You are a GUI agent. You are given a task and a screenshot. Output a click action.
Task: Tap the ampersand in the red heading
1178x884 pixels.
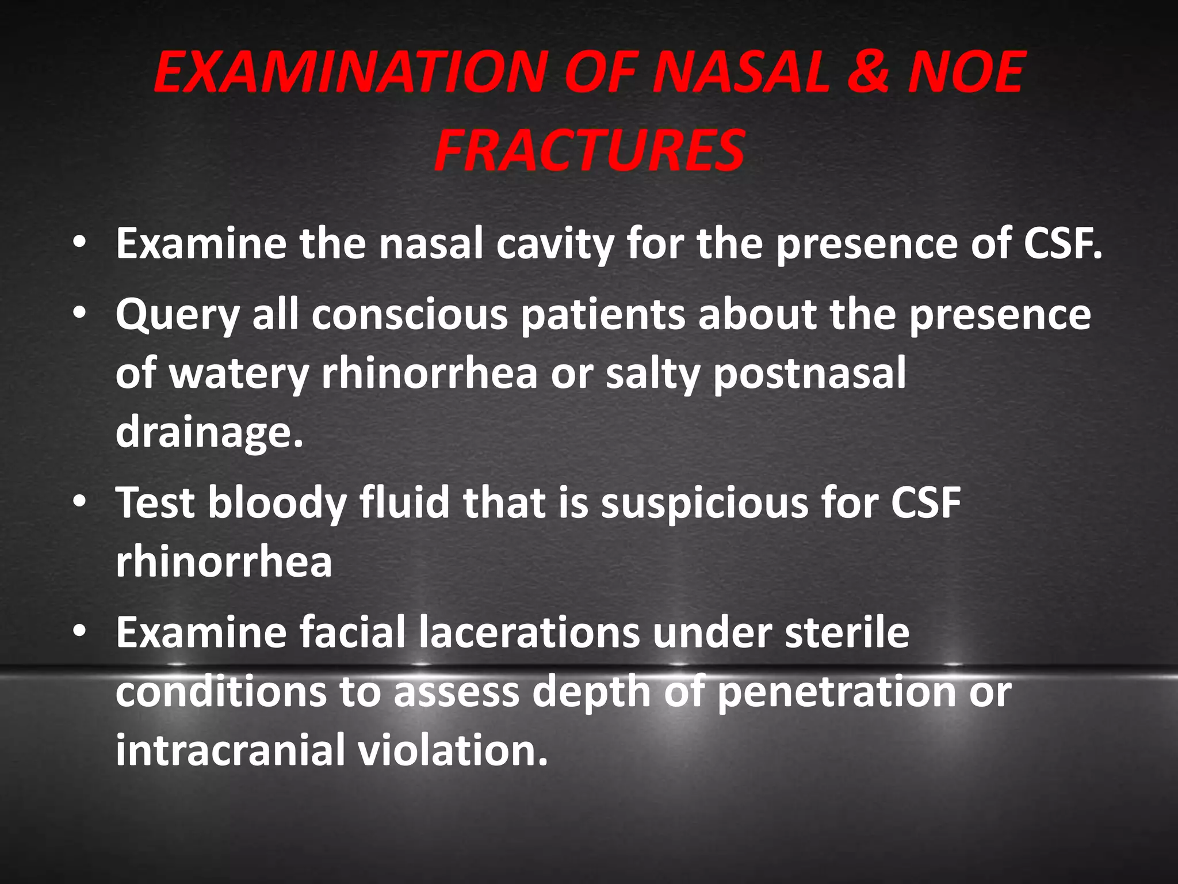coord(869,73)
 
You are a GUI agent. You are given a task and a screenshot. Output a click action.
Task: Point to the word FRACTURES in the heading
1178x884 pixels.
coord(590,150)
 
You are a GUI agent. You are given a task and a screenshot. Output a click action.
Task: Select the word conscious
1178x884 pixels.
coord(410,315)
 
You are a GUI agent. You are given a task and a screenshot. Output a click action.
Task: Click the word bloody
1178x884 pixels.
coord(277,503)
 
